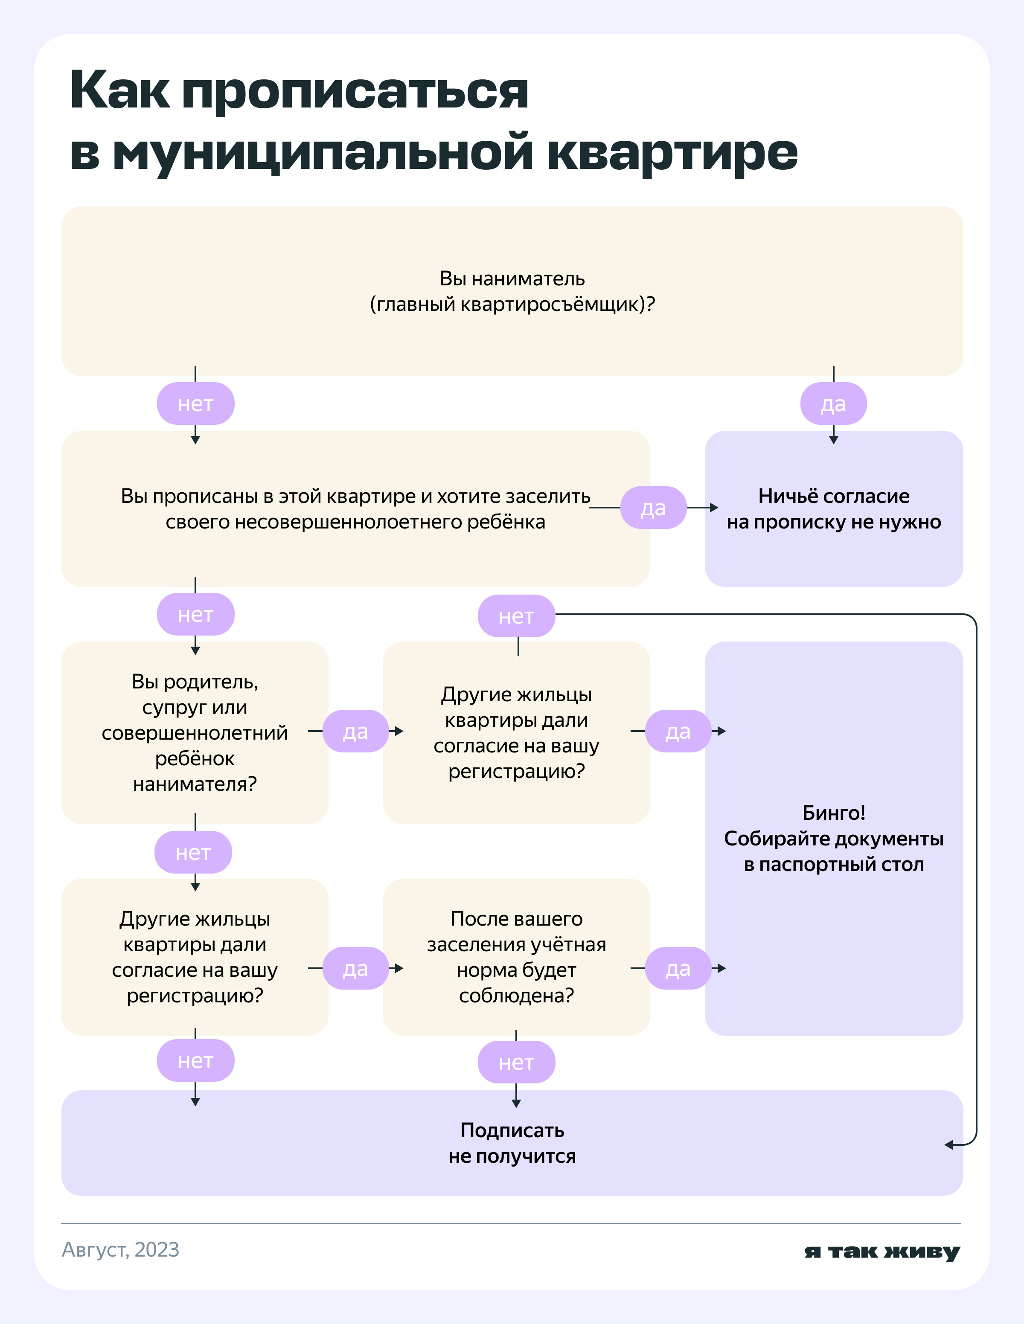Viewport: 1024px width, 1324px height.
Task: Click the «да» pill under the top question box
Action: tap(833, 404)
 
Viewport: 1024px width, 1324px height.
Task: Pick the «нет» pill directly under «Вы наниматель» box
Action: tap(195, 404)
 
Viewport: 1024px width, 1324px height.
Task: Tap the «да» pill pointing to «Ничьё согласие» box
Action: tap(653, 508)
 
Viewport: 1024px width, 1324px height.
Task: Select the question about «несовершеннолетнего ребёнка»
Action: tap(355, 508)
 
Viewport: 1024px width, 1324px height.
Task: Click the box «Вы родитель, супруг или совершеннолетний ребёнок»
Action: tap(195, 732)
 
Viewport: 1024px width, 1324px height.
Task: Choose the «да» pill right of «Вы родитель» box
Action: tap(355, 732)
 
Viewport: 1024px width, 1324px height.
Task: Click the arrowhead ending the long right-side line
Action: tap(949, 1144)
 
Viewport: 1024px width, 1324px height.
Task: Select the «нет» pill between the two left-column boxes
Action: tap(193, 852)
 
